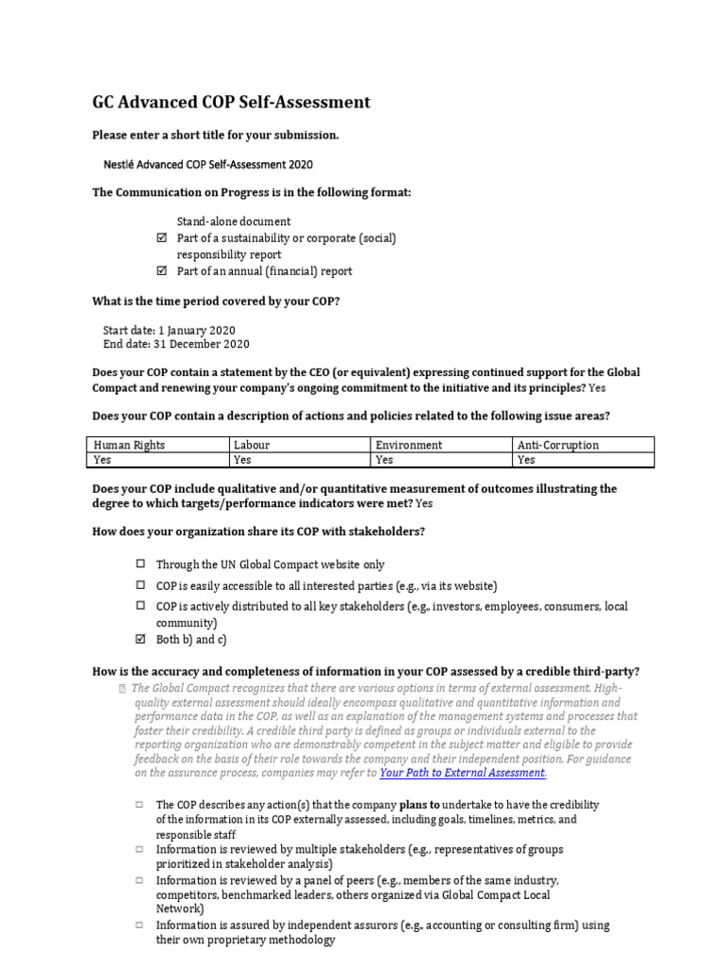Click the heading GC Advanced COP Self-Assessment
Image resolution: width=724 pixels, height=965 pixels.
[231, 103]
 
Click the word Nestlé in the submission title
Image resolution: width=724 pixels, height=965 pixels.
[120, 164]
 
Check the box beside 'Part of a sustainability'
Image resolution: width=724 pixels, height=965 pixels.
[160, 238]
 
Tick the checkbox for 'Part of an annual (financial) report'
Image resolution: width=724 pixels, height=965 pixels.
[160, 271]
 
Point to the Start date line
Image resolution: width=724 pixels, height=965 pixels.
[169, 330]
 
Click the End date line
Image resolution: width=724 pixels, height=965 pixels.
[175, 344]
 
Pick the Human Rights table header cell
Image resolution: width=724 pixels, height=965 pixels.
[158, 445]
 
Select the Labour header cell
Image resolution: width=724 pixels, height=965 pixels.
[299, 445]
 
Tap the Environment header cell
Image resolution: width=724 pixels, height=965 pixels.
[441, 445]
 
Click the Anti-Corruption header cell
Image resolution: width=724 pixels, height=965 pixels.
[583, 445]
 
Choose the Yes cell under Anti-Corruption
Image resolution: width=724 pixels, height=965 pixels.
[583, 460]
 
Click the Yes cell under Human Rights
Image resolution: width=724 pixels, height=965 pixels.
[158, 460]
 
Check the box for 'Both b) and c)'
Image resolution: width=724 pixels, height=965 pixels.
[140, 640]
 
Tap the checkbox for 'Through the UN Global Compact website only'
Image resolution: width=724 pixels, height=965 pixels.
[140, 564]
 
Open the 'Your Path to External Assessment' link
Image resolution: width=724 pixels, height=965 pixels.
[462, 773]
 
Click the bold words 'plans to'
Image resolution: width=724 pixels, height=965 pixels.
[425, 805]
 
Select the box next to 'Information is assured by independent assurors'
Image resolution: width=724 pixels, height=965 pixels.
[139, 925]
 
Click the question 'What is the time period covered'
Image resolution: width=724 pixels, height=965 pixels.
[216, 301]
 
